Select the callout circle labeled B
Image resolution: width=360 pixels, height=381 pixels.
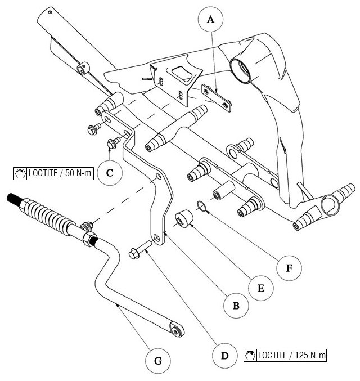236,306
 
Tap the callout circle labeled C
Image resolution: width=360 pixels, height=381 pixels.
110,173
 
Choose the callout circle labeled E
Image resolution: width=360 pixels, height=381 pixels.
260,288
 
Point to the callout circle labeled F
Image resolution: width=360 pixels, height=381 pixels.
289,267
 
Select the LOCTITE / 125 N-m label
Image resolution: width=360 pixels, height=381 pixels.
286,355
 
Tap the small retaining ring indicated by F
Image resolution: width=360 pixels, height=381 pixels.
204,207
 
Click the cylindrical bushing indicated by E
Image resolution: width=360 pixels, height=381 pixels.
183,219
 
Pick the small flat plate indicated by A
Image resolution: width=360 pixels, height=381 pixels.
216,96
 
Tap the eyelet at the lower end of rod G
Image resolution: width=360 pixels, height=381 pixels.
177,330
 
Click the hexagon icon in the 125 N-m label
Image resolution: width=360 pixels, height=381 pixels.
250,355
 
